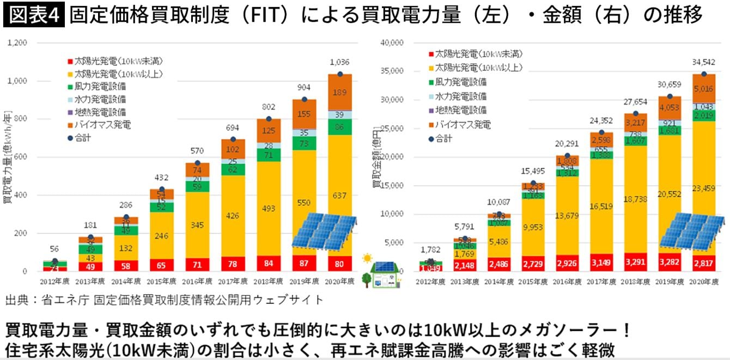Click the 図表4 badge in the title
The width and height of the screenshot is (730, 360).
[34, 15]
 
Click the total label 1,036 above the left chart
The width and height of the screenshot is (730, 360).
[339, 62]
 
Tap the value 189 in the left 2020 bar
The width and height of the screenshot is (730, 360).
[339, 92]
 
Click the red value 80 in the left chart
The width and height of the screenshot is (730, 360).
[339, 265]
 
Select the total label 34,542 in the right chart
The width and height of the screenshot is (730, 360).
[704, 62]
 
